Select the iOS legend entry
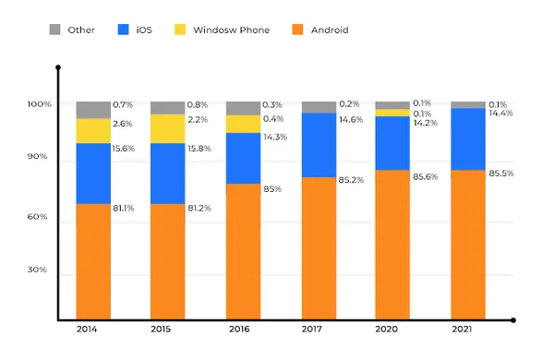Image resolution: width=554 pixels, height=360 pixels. (x=138, y=30)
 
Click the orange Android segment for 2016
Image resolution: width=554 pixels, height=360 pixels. (x=243, y=249)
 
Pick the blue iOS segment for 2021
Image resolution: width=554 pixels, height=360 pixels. (x=467, y=138)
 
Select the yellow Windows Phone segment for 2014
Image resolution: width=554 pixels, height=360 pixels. (x=93, y=130)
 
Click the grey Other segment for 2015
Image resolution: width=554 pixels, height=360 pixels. (x=167, y=107)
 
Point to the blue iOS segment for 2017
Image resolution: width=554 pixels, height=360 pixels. (x=318, y=144)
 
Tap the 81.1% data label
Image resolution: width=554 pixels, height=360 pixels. (x=123, y=208)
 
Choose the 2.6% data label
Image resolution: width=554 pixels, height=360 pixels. (x=122, y=124)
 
